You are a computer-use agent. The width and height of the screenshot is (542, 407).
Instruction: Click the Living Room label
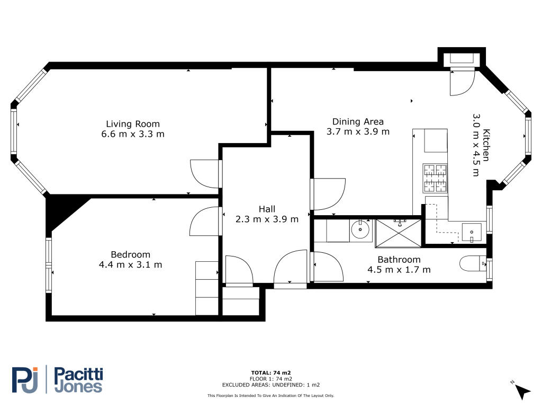[133, 124]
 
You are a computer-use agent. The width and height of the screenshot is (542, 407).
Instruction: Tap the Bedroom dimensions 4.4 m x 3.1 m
[130, 265]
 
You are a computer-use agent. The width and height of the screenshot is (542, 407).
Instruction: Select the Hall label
[267, 209]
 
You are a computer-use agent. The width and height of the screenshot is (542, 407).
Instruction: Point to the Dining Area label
[358, 122]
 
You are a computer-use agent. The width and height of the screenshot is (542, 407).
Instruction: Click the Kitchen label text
[486, 145]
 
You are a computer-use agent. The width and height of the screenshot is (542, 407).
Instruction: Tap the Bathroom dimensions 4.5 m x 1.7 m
[399, 270]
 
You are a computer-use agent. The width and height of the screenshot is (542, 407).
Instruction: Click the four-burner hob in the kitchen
[435, 178]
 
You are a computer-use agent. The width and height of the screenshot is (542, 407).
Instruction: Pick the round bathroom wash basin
[360, 229]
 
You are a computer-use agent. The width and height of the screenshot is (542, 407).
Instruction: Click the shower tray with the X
[398, 233]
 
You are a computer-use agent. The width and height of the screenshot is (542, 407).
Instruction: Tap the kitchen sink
[472, 232]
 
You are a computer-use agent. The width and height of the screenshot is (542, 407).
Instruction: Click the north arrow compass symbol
[522, 391]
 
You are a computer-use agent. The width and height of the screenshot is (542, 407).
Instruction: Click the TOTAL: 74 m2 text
[270, 373]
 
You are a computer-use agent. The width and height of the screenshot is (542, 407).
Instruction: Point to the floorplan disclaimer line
[270, 395]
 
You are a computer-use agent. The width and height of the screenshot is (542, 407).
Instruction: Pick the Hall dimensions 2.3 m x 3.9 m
[267, 219]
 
